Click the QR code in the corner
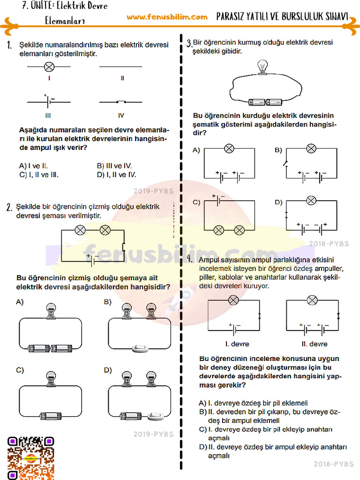click(30, 457)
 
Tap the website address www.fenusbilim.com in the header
click(167, 17)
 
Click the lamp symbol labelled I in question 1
click(49, 67)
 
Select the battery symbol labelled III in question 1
click(49, 101)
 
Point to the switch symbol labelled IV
click(121, 101)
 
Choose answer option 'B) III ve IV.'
click(114, 166)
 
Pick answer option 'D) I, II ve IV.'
click(116, 175)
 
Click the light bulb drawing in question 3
click(262, 67)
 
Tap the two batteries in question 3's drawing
click(265, 102)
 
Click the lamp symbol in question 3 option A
click(229, 149)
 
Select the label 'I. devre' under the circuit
click(237, 344)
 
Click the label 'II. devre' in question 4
click(314, 344)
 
